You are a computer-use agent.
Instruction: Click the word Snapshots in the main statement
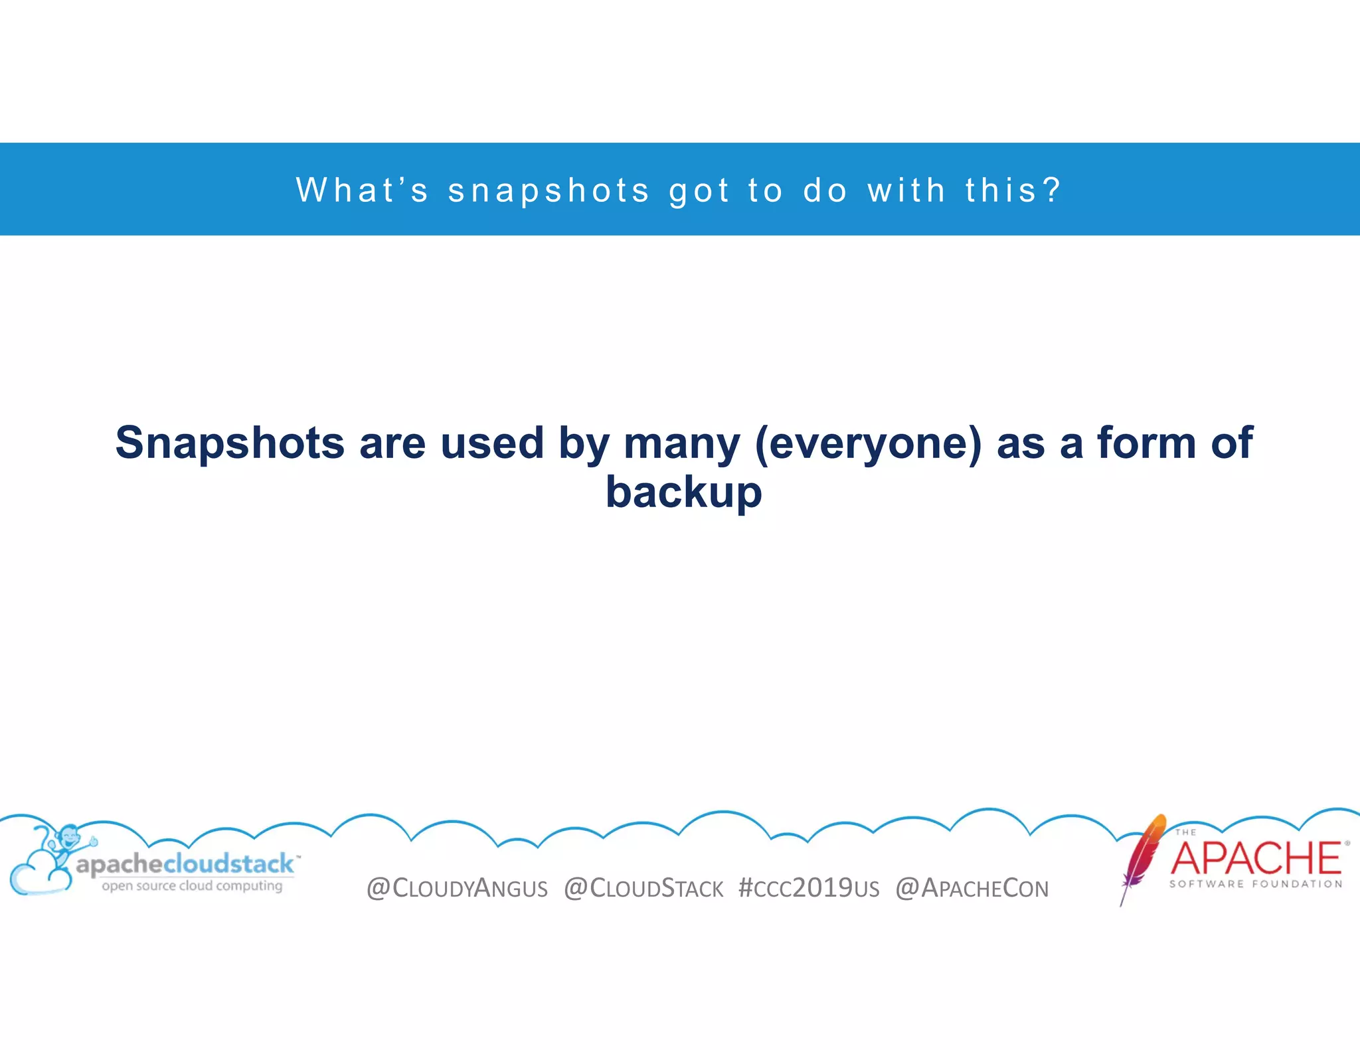(x=230, y=443)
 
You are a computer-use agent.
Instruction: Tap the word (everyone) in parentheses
(x=868, y=443)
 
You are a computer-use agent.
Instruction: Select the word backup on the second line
(x=683, y=492)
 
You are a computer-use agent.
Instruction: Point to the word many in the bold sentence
(x=681, y=443)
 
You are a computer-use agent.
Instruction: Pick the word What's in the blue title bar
(x=363, y=190)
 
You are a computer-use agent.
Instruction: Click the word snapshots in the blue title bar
(x=549, y=190)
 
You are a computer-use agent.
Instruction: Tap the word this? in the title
(x=1013, y=190)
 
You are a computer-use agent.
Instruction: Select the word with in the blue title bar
(x=906, y=190)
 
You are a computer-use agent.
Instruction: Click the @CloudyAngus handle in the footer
(x=457, y=888)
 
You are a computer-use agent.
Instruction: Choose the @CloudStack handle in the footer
(x=643, y=888)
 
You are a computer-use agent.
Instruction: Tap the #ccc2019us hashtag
(x=809, y=888)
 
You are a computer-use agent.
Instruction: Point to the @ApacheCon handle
(x=972, y=888)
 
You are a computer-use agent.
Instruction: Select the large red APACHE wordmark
(x=1256, y=858)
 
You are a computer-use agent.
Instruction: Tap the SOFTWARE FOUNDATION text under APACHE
(x=1256, y=884)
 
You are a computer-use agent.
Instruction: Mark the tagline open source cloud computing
(x=192, y=886)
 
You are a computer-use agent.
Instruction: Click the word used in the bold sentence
(x=492, y=443)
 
